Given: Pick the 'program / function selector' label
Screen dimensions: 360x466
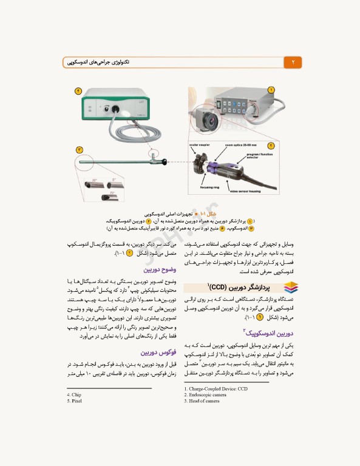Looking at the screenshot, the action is (262, 156).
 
